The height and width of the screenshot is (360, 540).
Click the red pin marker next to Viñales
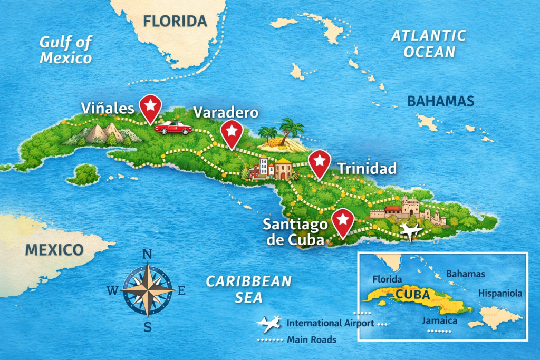pyautogui.click(x=150, y=106)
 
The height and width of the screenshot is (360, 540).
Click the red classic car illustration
pyautogui.click(x=172, y=127)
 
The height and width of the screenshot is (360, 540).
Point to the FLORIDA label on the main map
pyautogui.click(x=175, y=22)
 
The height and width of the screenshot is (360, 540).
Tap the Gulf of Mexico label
pyautogui.click(x=66, y=50)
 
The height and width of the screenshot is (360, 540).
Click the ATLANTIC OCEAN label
pyautogui.click(x=428, y=43)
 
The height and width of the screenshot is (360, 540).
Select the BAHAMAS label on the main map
pyautogui.click(x=441, y=101)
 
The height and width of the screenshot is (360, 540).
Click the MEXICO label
pyautogui.click(x=55, y=249)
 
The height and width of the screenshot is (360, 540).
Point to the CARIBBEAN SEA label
pyautogui.click(x=248, y=289)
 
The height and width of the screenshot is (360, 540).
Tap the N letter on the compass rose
pyautogui.click(x=148, y=254)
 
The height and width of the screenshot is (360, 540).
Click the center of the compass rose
pyautogui.click(x=148, y=290)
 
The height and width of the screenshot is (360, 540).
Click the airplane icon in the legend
pyautogui.click(x=268, y=323)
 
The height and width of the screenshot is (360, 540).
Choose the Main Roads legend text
pyautogui.click(x=311, y=339)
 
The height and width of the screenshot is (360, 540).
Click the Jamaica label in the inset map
pyautogui.click(x=439, y=320)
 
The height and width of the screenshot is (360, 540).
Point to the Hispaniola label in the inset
pyautogui.click(x=500, y=293)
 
